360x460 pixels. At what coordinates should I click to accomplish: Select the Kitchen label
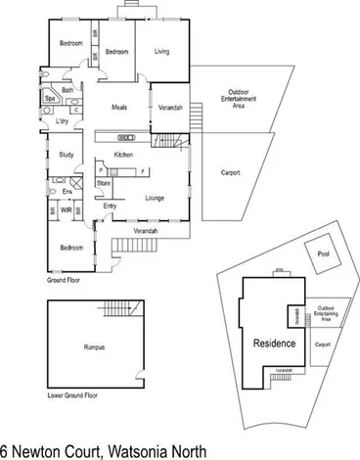(124, 156)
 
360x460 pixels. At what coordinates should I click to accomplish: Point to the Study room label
(67, 155)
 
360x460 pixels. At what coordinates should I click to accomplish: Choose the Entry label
(111, 207)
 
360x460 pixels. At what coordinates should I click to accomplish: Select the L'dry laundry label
(62, 120)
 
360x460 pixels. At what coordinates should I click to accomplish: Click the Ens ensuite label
(67, 192)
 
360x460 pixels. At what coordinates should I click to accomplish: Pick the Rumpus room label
(94, 347)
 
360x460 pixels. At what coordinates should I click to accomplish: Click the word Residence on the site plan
(274, 345)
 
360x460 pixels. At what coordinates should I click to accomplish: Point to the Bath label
(67, 90)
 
